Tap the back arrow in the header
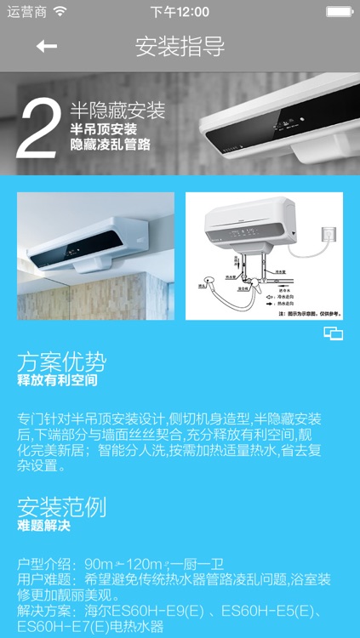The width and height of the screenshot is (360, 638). click(46, 46)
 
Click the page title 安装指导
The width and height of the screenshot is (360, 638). click(180, 46)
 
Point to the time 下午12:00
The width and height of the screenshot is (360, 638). click(180, 12)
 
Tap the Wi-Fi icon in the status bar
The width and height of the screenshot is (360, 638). click(60, 12)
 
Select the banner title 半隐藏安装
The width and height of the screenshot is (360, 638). click(117, 111)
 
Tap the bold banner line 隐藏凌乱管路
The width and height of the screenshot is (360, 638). click(111, 145)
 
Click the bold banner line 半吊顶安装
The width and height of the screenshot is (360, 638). click(103, 129)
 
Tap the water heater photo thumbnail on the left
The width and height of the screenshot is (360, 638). click(95, 256)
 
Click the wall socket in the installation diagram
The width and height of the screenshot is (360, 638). click(323, 233)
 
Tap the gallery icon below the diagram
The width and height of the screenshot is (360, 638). click(334, 333)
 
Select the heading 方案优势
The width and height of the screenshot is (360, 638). click(62, 362)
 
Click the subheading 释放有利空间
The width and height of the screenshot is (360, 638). click(57, 380)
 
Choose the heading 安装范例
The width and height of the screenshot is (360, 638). click(62, 508)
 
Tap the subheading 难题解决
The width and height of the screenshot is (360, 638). click(43, 526)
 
